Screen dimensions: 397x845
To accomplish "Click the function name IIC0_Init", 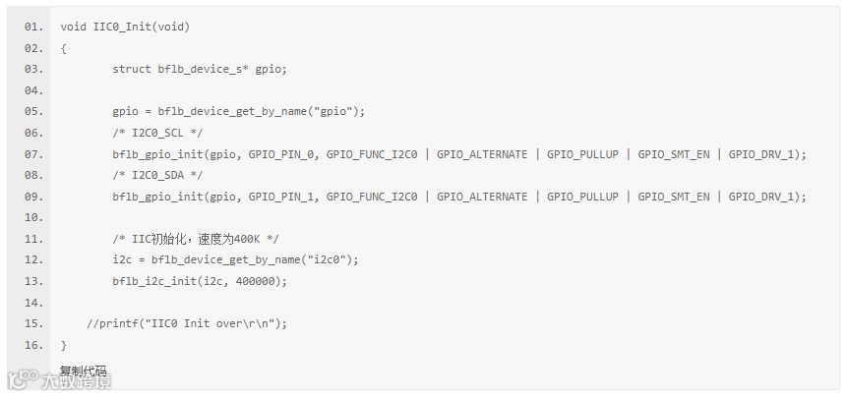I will coord(123,27).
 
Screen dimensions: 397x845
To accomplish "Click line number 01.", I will coord(33,27).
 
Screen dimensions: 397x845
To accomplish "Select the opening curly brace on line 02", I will coord(64,48).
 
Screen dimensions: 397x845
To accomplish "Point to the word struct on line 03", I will coord(132,69).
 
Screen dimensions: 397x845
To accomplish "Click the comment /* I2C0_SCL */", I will coord(157,133).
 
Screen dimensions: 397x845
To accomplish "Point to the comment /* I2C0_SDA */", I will coord(157,175).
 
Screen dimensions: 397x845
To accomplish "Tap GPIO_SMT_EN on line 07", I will coord(674,154).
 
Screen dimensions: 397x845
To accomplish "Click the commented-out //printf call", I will coord(187,323).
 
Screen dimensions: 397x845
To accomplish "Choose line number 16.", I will coord(33,345).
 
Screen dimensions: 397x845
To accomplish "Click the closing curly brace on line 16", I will coord(64,345).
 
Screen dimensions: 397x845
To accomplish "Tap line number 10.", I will coord(33,217).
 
